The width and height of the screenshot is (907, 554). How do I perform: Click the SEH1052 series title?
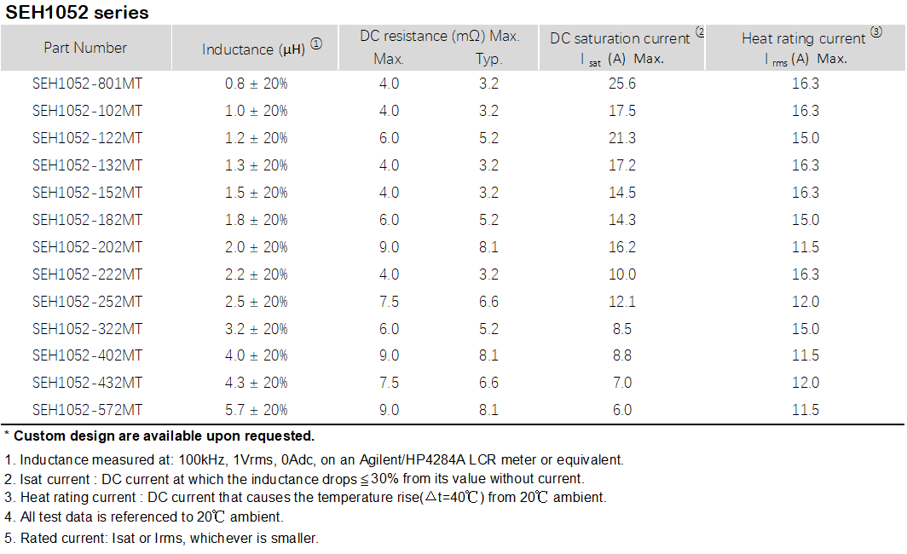(x=78, y=13)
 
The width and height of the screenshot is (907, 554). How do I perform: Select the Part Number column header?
(x=85, y=48)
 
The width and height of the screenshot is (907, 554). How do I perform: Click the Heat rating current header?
(x=804, y=38)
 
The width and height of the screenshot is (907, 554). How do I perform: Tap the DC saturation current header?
(x=620, y=38)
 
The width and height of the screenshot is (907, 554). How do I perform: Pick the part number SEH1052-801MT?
(x=87, y=84)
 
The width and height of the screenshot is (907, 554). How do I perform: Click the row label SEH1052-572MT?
(x=87, y=410)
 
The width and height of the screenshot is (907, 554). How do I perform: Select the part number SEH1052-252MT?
(x=87, y=302)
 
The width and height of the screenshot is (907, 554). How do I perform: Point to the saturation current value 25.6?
(x=622, y=84)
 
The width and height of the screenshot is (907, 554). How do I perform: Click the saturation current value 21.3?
(x=622, y=138)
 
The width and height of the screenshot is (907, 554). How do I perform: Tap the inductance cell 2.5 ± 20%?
(x=256, y=302)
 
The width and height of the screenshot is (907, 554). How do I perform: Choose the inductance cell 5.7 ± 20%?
(x=256, y=410)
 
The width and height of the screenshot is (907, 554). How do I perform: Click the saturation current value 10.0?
(x=622, y=274)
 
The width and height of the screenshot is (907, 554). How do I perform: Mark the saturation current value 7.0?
(x=622, y=383)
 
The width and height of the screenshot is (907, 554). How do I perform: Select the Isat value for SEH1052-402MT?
(x=622, y=355)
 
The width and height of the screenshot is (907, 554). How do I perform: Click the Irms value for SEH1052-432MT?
(x=806, y=383)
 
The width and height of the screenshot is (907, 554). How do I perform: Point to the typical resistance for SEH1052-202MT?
(x=488, y=247)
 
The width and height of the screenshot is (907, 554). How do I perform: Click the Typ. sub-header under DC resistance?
(x=489, y=60)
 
